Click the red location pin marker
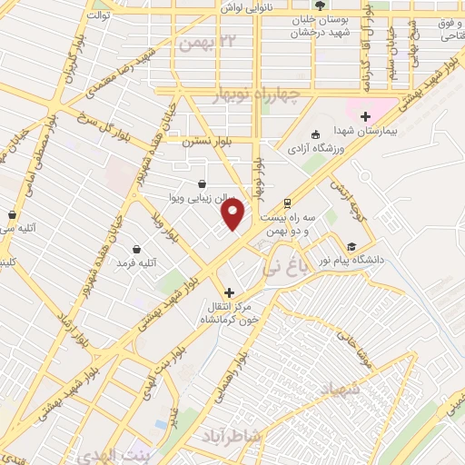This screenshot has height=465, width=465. [233, 214]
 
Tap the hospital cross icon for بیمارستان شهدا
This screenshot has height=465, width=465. [365, 116]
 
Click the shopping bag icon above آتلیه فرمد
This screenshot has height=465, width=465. [136, 249]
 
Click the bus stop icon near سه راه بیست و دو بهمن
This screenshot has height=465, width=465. [287, 203]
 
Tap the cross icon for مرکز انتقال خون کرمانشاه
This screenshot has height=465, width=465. [229, 292]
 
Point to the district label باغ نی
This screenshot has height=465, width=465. [303, 265]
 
